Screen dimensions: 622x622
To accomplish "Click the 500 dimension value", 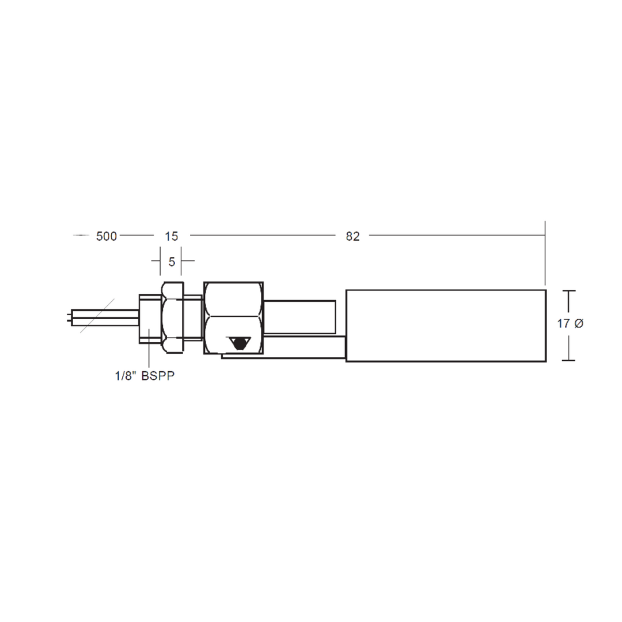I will click(x=107, y=236).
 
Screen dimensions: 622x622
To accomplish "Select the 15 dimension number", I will click(x=171, y=236).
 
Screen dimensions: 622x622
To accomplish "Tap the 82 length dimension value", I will click(x=353, y=236).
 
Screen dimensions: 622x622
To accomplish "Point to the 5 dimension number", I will click(x=172, y=261).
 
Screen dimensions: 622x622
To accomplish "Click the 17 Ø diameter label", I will click(x=570, y=324).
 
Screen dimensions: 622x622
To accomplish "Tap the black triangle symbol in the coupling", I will click(x=237, y=343).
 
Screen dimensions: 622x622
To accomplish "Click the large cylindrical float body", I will click(x=446, y=325).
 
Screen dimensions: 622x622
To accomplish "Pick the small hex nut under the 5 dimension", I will click(x=172, y=317).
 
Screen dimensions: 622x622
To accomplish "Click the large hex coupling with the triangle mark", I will click(x=233, y=317).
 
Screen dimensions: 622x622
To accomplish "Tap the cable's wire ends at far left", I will click(x=70, y=316).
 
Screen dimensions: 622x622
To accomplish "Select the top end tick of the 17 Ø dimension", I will click(x=568, y=291).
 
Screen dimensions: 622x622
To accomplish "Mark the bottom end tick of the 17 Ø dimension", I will click(x=568, y=360).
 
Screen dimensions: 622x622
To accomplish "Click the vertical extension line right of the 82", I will click(x=545, y=253).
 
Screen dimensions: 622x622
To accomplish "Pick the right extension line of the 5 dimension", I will click(x=181, y=262).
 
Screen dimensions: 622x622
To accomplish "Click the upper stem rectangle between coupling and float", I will click(x=299, y=317).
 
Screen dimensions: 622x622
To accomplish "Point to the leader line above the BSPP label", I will click(x=149, y=351).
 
